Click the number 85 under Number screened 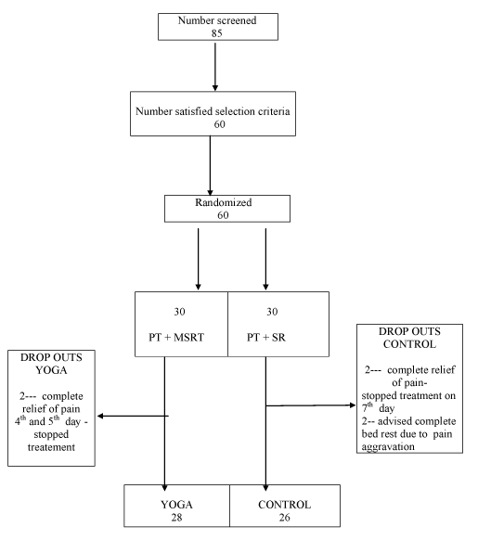(217, 33)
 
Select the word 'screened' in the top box (236, 20)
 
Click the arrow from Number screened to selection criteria (215, 67)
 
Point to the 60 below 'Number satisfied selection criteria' (220, 124)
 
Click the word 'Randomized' (224, 202)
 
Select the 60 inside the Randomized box (223, 215)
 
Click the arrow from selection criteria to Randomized (210, 166)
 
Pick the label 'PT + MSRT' (176, 337)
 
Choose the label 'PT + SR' (266, 337)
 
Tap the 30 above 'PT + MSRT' (179, 312)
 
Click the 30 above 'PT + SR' (272, 312)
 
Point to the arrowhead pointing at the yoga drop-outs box (100, 416)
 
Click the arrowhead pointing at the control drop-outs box (353, 405)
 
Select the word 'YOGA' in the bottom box (176, 505)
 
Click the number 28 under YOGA (176, 518)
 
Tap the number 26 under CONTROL (284, 518)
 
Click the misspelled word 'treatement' (51, 447)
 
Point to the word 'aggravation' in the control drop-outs (388, 447)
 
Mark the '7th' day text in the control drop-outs (368, 407)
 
